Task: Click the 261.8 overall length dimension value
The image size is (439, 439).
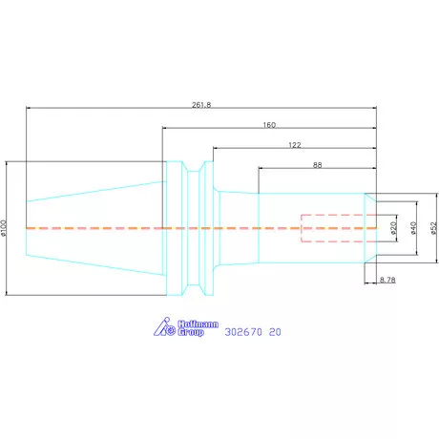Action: tap(201, 105)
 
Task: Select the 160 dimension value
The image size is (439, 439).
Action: tap(269, 125)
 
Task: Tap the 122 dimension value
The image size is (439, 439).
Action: tap(295, 145)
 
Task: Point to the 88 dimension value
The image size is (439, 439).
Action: tap(317, 165)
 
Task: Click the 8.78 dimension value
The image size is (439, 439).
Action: tap(387, 280)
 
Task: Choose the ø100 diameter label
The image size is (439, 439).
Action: tap(4, 228)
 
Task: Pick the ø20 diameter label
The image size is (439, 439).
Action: tap(393, 228)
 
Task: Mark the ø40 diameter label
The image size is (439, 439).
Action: tap(413, 228)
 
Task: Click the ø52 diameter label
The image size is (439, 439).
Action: tap(433, 228)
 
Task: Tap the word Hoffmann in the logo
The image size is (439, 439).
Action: tap(198, 324)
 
